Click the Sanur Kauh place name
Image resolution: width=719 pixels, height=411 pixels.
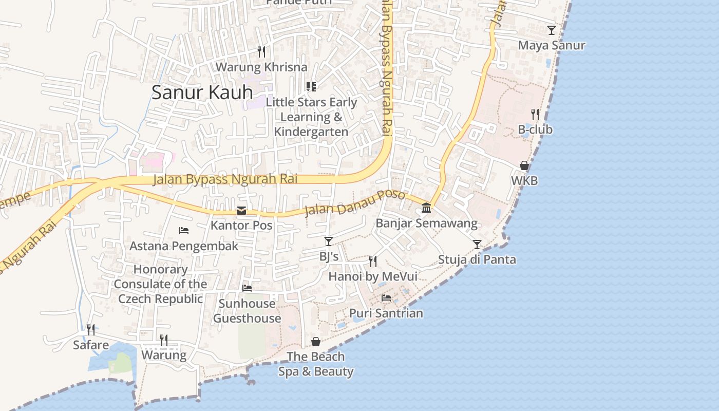(x=202, y=92)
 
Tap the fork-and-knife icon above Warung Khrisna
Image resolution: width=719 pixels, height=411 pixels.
(x=261, y=51)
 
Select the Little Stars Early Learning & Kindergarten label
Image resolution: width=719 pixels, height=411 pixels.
(x=311, y=117)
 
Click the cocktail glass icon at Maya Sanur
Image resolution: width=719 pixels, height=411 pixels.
(x=551, y=30)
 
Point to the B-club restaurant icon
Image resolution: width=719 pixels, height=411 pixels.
(x=535, y=114)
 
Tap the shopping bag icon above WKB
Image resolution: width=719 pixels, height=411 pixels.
(x=524, y=165)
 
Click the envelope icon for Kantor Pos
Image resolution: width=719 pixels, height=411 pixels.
(x=241, y=211)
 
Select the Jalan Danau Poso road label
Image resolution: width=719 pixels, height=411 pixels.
(x=355, y=203)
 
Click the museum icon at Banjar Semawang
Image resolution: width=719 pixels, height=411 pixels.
(x=426, y=208)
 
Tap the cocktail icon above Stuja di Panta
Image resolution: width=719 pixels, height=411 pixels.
(x=477, y=244)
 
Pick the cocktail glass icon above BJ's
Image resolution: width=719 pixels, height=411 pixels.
(x=329, y=241)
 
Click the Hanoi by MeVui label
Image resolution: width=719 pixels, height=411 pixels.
(x=373, y=276)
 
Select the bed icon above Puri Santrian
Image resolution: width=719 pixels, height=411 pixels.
(x=386, y=298)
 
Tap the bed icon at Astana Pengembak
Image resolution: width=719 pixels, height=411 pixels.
(x=184, y=231)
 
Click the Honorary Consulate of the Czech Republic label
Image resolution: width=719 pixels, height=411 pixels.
(x=161, y=284)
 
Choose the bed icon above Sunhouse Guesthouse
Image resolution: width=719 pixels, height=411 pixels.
(x=247, y=288)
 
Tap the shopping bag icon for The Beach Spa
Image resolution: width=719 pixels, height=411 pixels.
(x=316, y=342)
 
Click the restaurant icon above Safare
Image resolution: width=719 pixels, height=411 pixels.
(x=90, y=329)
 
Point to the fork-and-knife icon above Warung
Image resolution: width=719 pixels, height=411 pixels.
(x=163, y=340)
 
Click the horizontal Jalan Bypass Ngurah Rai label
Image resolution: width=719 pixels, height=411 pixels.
(x=225, y=179)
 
